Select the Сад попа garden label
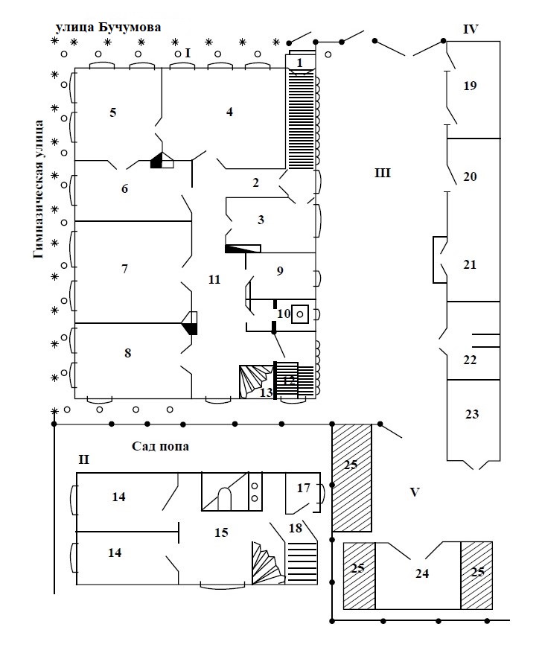coord(159,447)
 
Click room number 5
coord(113,112)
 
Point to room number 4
coord(229,112)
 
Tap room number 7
coord(124,269)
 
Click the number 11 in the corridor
coord(214,280)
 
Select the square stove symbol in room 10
coord(299,314)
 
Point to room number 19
coord(469,86)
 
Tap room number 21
coord(469,265)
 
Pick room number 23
coord(471,415)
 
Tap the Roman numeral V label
coord(415,492)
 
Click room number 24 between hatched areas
coord(423,573)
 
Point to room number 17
coord(303,489)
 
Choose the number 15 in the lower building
coord(220,532)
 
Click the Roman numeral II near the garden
coord(83,460)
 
